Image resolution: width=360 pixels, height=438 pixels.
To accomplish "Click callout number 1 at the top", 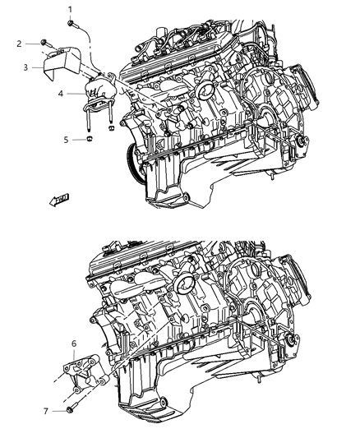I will [70, 8].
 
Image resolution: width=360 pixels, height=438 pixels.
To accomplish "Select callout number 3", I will [26, 67].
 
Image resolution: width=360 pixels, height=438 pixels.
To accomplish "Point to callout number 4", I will [60, 95].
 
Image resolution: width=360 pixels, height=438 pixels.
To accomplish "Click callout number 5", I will [67, 140].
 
